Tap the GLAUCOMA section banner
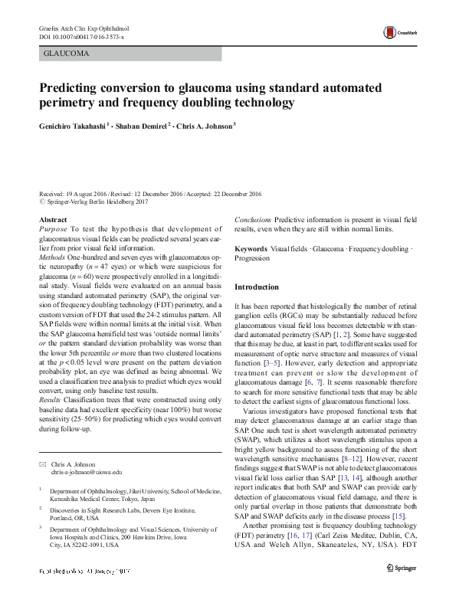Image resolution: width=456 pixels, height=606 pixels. pyautogui.click(x=67, y=54)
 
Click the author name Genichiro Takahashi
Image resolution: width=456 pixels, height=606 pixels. pyautogui.click(x=74, y=126)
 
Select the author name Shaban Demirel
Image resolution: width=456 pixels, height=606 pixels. pyautogui.click(x=146, y=126)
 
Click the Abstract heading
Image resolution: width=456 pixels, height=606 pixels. pyautogui.click(x=53, y=220)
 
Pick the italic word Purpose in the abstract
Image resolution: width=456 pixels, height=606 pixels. pyautogui.click(x=54, y=229)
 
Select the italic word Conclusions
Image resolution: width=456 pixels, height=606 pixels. pyautogui.click(x=252, y=220)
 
